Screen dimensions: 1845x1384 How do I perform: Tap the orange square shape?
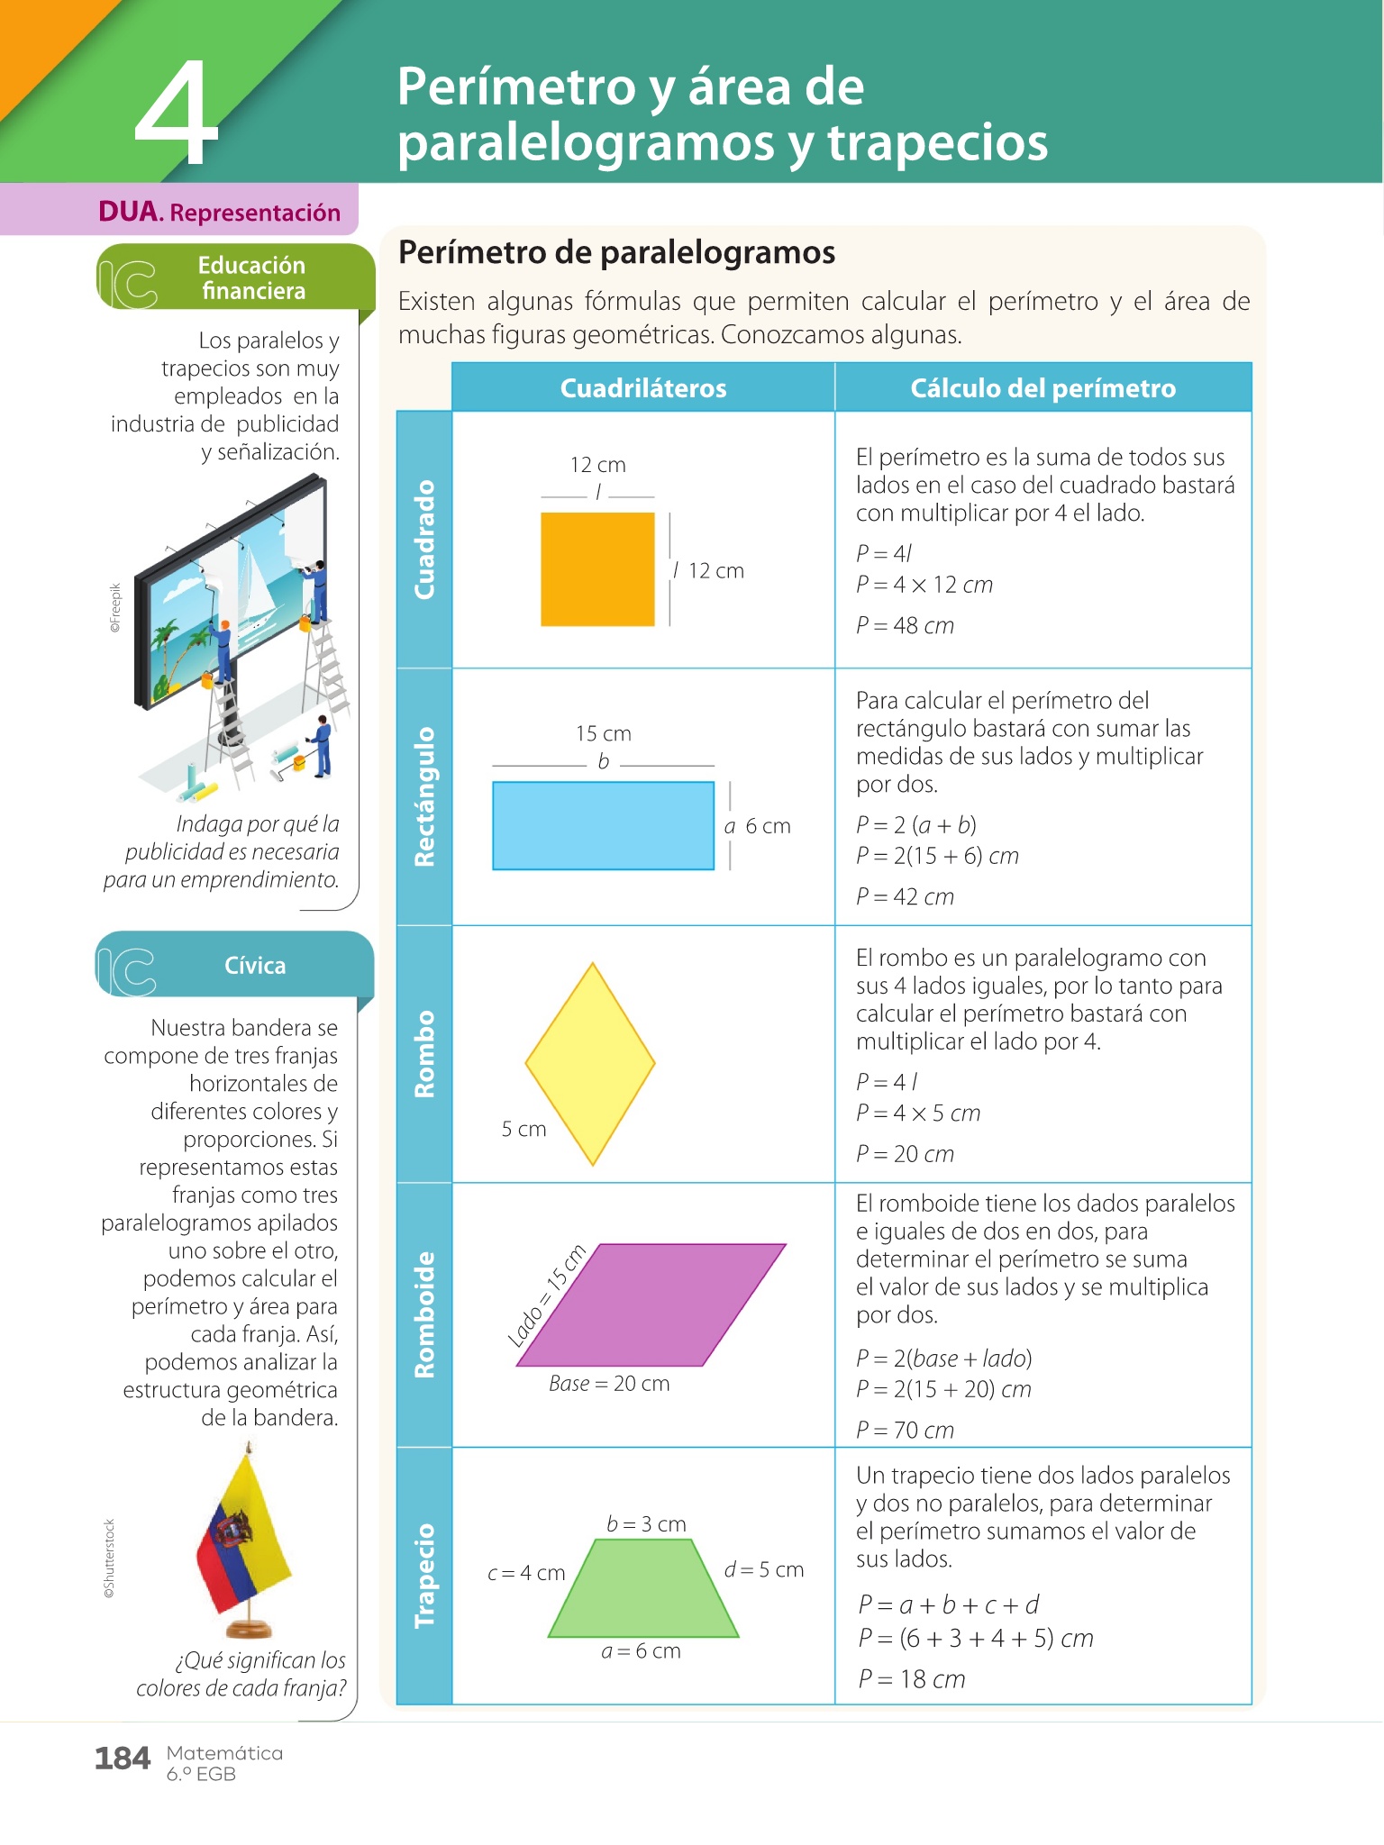597,568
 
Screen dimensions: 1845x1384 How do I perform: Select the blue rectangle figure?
603,825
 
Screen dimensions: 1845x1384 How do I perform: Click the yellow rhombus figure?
590,1063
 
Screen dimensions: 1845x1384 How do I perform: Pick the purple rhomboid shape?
651,1304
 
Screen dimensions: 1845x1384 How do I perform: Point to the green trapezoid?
643,1588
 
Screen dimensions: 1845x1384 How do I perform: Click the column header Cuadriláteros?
642,388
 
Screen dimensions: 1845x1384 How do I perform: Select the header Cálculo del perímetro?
1043,388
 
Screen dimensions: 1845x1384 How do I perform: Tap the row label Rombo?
424,1053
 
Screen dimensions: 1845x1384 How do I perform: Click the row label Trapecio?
424,1576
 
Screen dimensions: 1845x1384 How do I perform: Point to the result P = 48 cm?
905,625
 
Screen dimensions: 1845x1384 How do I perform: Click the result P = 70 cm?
905,1430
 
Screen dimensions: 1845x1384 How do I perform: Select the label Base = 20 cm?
609,1384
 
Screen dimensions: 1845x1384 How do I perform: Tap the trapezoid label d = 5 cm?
763,1570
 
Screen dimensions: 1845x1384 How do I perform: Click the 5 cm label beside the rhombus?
524,1129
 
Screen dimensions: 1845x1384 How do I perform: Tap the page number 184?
123,1759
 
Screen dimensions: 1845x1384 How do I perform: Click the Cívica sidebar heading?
254,966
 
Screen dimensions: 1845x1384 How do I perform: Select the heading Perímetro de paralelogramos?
616,253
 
